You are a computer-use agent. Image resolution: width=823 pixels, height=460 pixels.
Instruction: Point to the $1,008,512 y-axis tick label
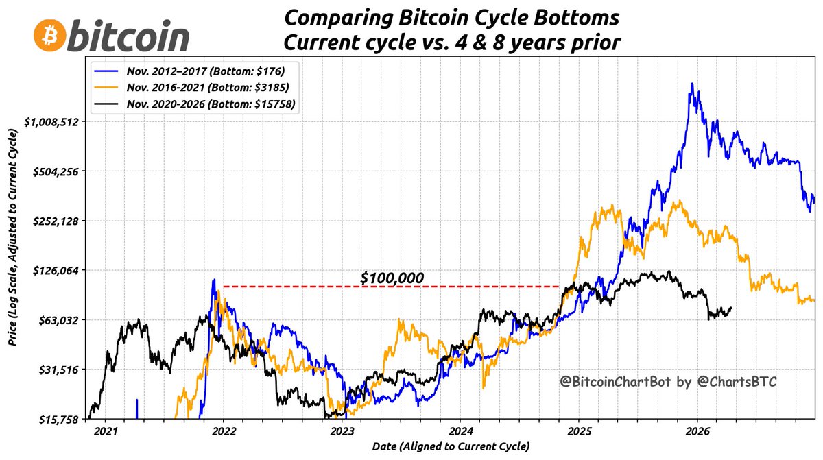tap(53, 122)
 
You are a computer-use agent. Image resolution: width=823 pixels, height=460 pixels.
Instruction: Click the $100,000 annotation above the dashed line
tap(392, 278)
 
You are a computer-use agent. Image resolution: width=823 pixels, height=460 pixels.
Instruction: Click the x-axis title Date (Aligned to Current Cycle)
tap(451, 447)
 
